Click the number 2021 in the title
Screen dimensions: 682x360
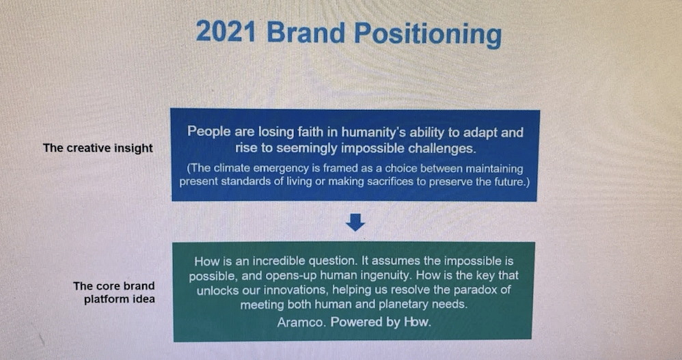point(226,32)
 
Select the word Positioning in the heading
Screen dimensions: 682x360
point(428,34)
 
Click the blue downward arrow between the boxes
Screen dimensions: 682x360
point(355,222)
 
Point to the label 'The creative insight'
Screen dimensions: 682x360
point(98,148)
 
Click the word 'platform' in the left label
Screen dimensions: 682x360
point(103,299)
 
